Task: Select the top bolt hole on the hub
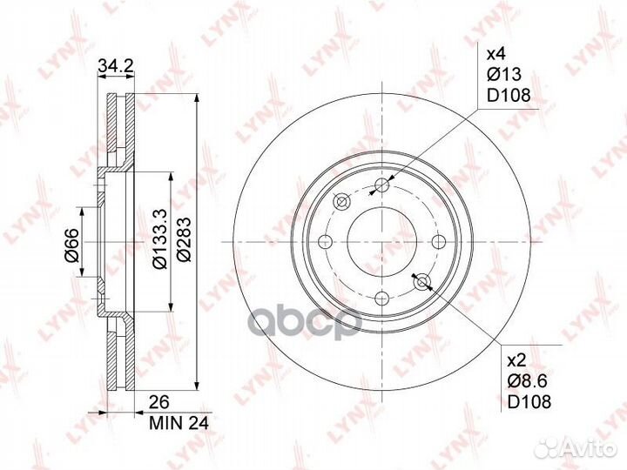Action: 382,184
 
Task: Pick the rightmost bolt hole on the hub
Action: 439,242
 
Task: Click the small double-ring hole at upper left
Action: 341,202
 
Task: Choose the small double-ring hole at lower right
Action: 423,281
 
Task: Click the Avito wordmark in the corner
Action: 586,447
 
